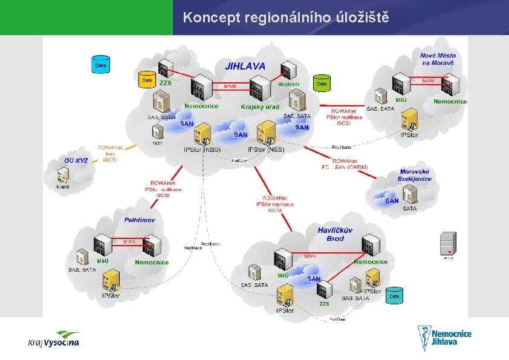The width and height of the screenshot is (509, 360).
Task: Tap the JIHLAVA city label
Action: pyautogui.click(x=245, y=66)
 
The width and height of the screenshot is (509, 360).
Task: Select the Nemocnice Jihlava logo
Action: pyautogui.click(x=445, y=338)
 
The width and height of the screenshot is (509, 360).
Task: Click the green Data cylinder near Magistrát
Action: pyautogui.click(x=322, y=83)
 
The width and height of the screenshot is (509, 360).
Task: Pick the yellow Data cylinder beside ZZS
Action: pyautogui.click(x=147, y=80)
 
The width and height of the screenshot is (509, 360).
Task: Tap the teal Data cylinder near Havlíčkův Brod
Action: pyautogui.click(x=394, y=296)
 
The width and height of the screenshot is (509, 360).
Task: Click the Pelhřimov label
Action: pyautogui.click(x=140, y=220)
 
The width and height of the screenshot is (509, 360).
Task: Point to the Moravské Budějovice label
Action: pyautogui.click(x=415, y=175)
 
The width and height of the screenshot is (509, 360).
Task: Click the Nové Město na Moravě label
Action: pyautogui.click(x=438, y=59)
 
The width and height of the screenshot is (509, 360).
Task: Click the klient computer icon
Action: pyautogui.click(x=62, y=176)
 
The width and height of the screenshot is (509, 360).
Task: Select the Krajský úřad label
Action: pyautogui.click(x=260, y=107)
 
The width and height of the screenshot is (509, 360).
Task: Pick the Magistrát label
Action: pyautogui.click(x=288, y=85)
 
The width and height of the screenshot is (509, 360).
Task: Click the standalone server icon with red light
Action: pyautogui.click(x=448, y=243)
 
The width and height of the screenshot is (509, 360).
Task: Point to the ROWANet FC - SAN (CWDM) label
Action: pyautogui.click(x=345, y=163)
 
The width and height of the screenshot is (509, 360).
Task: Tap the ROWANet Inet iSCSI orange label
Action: pyautogui.click(x=111, y=154)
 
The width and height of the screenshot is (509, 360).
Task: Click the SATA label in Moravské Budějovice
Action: pyautogui.click(x=410, y=209)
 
